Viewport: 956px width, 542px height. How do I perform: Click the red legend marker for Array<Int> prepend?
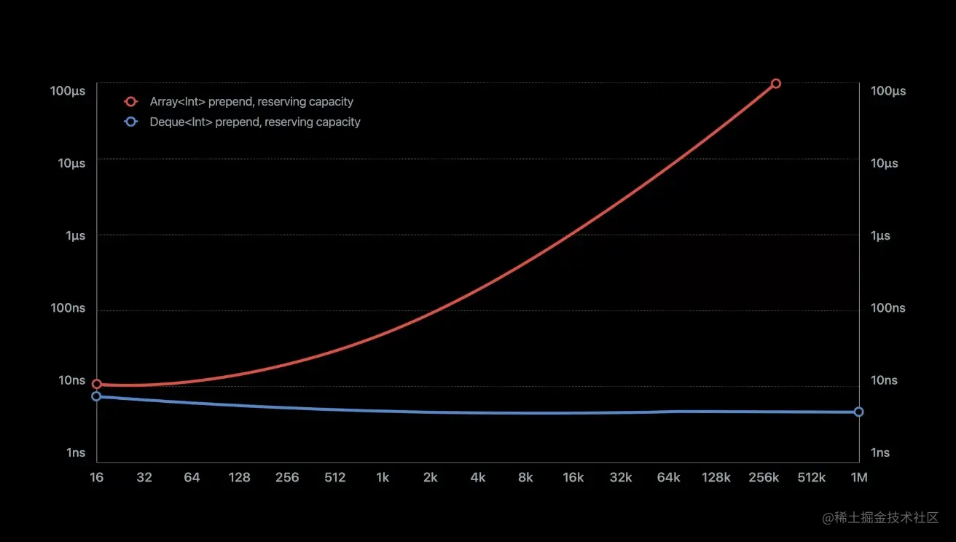(131, 102)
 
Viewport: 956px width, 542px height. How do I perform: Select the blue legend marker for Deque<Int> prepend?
(131, 122)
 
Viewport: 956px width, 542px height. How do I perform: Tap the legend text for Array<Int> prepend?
(251, 102)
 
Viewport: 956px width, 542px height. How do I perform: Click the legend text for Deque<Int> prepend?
(255, 122)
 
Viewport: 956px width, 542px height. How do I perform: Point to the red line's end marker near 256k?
(775, 84)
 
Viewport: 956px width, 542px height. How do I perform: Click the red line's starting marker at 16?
(96, 384)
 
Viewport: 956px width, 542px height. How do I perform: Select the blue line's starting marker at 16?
(96, 396)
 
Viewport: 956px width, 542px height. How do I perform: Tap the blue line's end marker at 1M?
(858, 412)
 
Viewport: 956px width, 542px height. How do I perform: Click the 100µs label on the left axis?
(68, 91)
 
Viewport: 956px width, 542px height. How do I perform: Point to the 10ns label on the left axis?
(68, 380)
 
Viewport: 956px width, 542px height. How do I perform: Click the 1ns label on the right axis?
(880, 452)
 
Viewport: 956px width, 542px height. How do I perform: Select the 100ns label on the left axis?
(68, 308)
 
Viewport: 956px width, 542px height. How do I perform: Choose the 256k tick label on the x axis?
(764, 478)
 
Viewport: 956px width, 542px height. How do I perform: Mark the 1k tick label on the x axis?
(383, 478)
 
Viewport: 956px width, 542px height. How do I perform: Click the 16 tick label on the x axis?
(96, 478)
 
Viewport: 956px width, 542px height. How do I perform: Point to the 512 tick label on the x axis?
(335, 478)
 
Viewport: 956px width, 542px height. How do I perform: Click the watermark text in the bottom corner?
(880, 518)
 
